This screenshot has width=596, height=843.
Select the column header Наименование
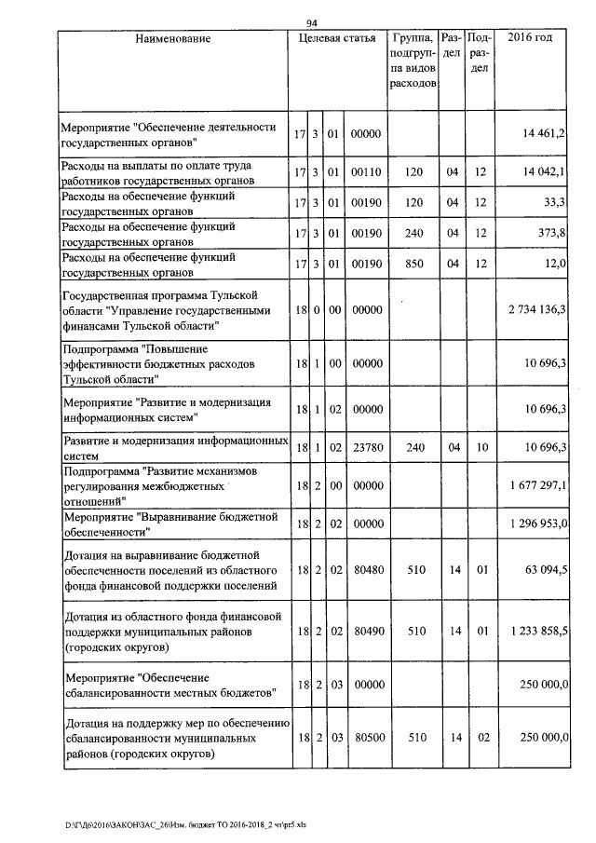click(x=172, y=39)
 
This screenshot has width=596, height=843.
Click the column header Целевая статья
click(x=337, y=39)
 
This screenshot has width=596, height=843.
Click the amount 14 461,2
click(x=547, y=135)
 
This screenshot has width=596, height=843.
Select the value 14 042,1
click(x=547, y=172)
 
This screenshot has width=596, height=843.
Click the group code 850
click(x=413, y=264)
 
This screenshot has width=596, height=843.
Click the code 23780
click(x=366, y=448)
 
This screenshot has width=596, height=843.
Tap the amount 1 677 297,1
click(x=539, y=486)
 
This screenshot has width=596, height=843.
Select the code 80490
click(x=366, y=631)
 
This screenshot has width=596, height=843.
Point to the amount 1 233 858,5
click(x=539, y=631)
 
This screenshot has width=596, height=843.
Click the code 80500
click(x=366, y=737)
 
